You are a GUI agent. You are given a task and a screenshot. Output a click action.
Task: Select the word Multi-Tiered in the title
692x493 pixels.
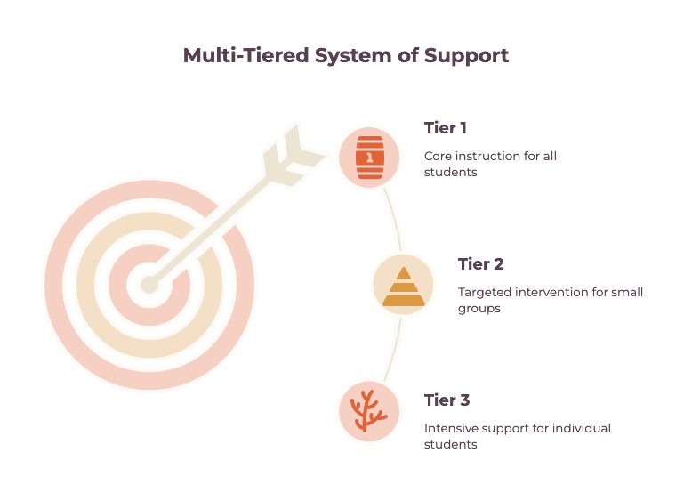[x=245, y=55]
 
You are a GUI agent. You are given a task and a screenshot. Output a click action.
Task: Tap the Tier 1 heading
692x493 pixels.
[x=446, y=128]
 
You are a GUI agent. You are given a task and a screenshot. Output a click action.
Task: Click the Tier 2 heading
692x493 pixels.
[x=480, y=264]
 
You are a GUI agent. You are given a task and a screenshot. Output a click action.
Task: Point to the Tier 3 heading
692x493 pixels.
[x=447, y=400]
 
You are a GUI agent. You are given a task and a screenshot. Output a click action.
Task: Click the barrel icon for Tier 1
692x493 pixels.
[x=370, y=158]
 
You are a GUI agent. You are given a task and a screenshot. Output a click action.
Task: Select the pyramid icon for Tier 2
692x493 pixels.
[x=404, y=287]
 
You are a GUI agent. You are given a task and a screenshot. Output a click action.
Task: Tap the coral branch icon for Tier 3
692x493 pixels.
[x=368, y=411]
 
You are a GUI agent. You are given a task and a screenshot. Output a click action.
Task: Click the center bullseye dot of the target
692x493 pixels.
[x=149, y=285]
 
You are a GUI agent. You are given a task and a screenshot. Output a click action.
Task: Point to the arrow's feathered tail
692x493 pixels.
[x=294, y=155]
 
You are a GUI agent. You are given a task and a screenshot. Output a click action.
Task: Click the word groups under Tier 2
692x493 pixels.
[x=479, y=309]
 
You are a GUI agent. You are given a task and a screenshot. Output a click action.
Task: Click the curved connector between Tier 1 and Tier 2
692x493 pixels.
[x=395, y=219]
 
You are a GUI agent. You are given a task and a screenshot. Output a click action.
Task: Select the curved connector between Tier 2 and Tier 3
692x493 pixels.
[x=395, y=350]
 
